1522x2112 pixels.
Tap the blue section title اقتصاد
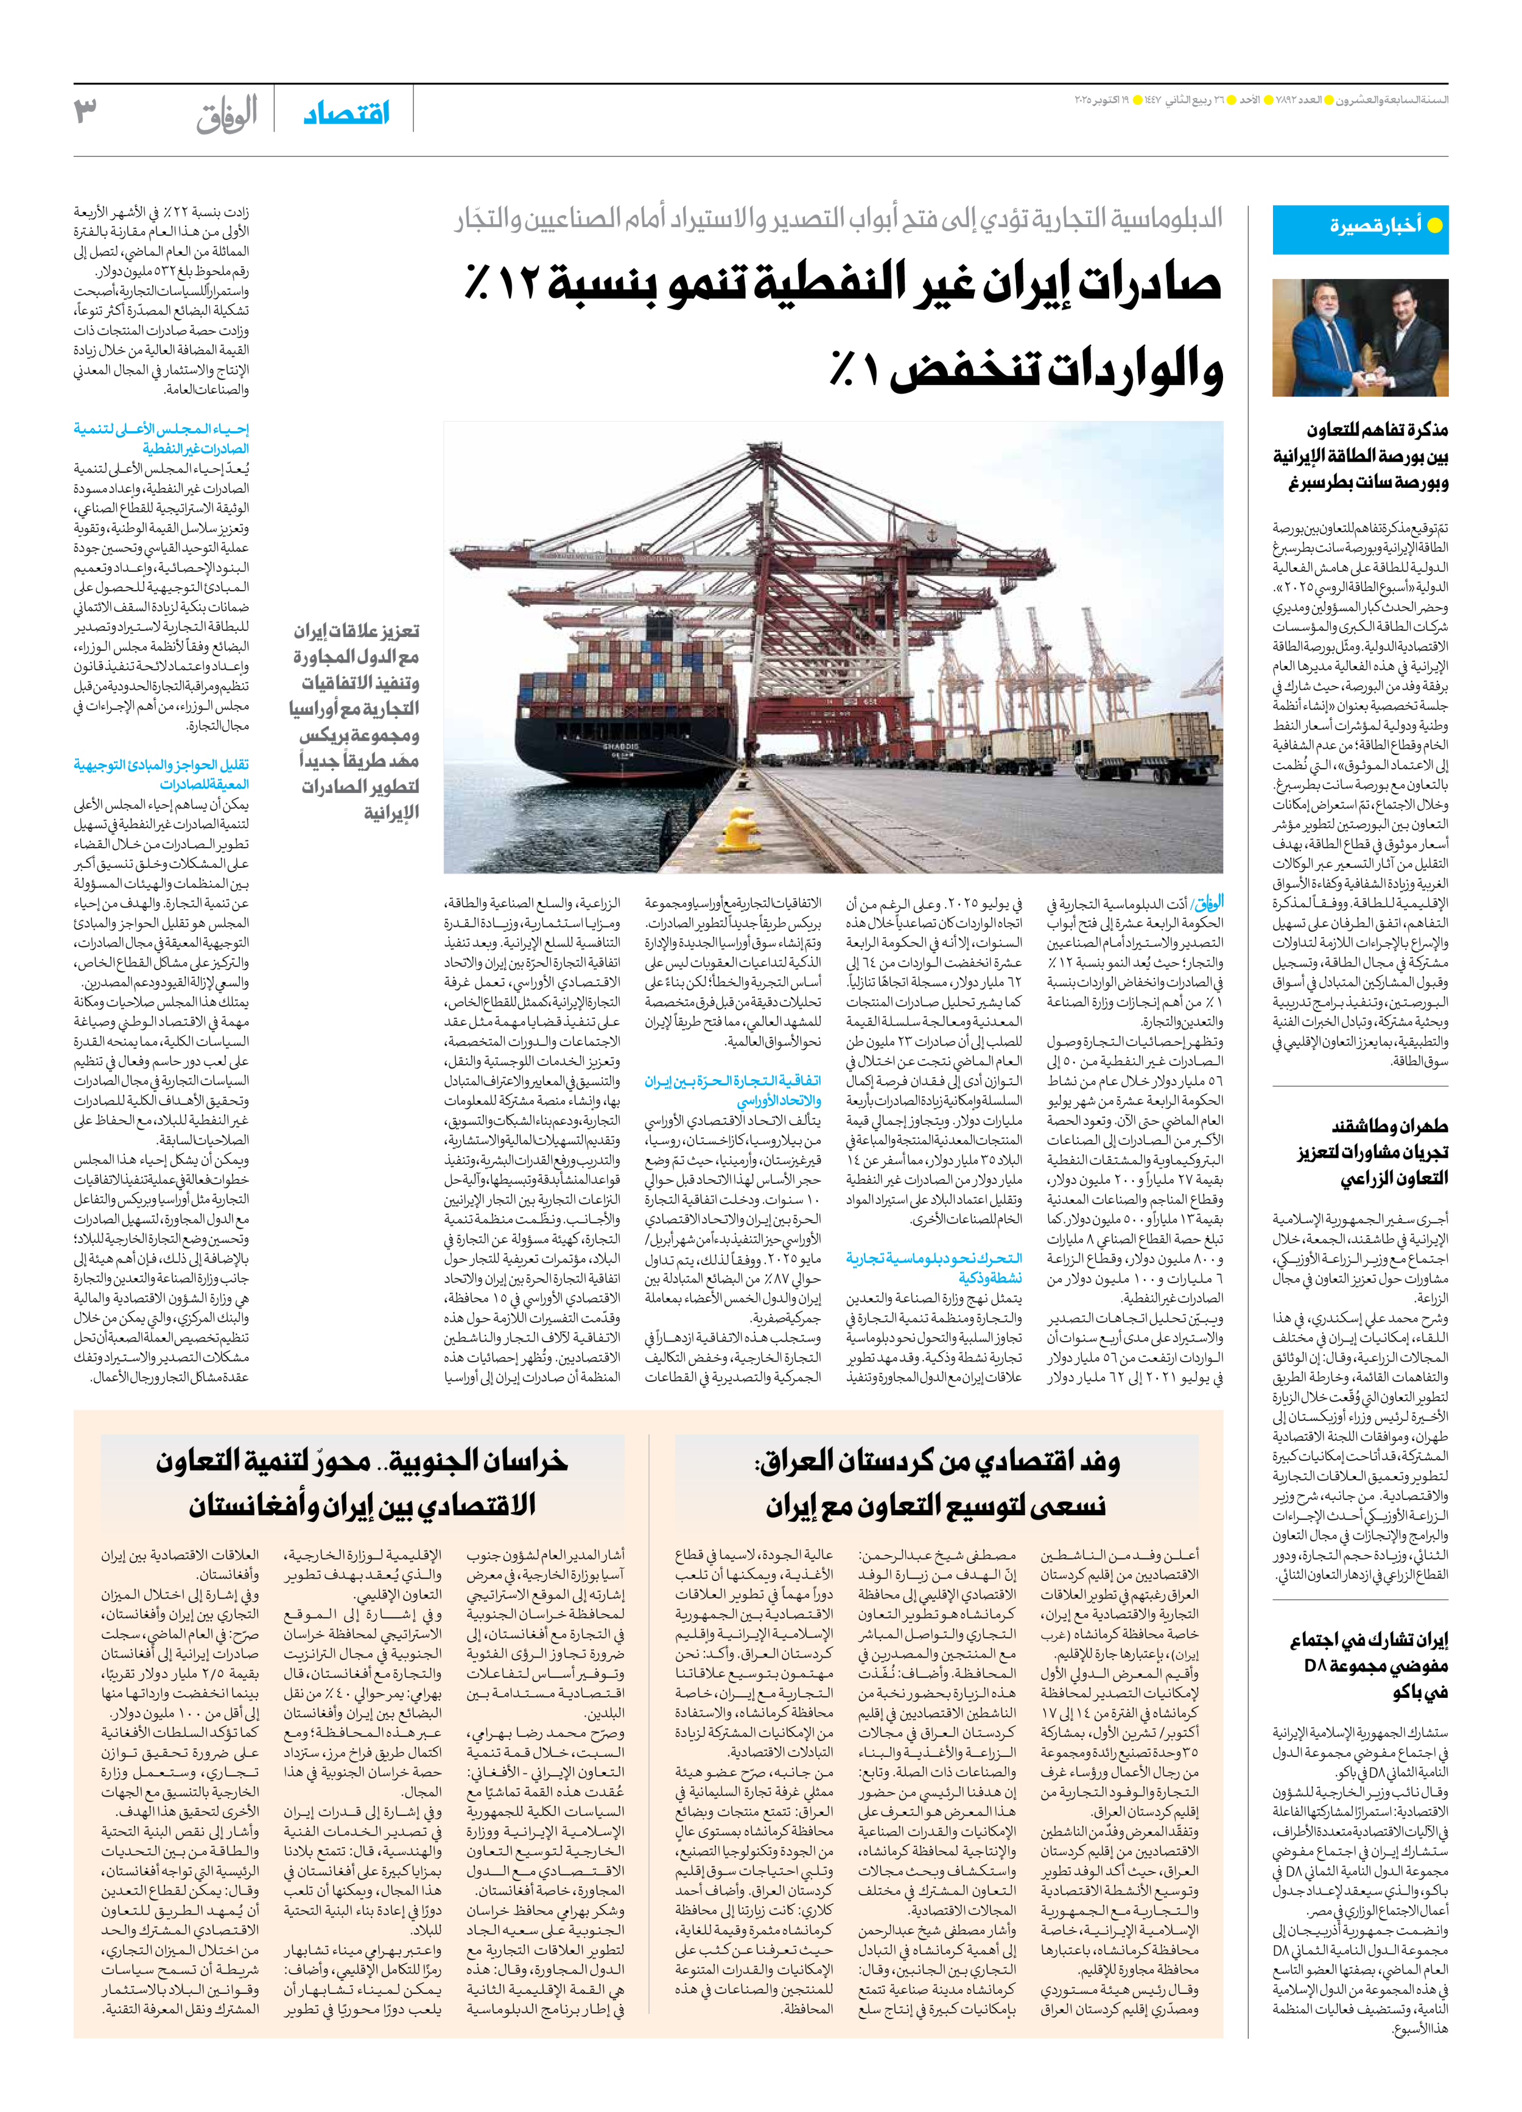[346, 114]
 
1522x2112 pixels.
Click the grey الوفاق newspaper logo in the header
[226, 114]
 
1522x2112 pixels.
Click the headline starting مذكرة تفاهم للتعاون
[1360, 456]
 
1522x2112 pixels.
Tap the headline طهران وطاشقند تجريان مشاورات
[1373, 1152]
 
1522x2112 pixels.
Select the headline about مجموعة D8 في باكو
[1369, 1665]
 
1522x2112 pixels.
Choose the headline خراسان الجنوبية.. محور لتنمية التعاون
[362, 1482]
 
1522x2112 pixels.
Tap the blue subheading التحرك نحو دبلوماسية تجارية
[934, 1267]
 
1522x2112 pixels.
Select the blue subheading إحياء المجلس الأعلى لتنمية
[161, 438]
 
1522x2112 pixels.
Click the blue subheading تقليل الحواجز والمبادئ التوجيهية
[161, 774]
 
